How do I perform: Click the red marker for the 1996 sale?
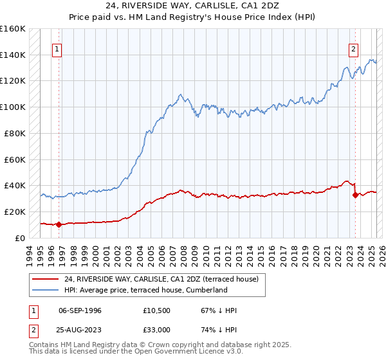[x=59, y=224]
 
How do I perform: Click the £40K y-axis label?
[x=15, y=185]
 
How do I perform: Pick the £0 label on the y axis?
[x=21, y=238]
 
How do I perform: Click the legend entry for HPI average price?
[x=145, y=290]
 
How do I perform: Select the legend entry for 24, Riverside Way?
[x=161, y=279]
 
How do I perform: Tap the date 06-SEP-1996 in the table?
[x=80, y=310]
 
